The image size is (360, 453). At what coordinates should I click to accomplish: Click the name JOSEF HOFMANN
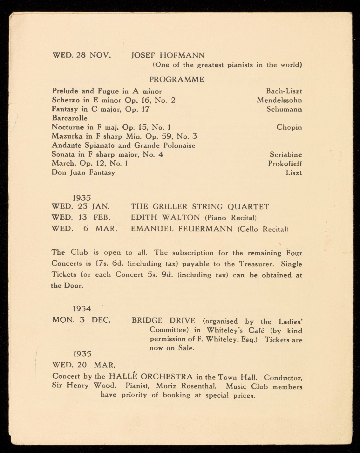(168, 55)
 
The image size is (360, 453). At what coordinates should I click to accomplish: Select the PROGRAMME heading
(177, 79)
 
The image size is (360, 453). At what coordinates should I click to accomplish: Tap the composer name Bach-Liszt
(284, 91)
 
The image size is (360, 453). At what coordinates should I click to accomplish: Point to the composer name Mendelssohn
(280, 100)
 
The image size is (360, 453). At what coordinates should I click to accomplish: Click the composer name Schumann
(284, 109)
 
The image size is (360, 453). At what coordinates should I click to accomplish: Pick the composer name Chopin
(289, 127)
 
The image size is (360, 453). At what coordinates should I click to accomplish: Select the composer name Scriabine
(286, 155)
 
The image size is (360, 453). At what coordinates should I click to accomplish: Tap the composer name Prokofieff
(285, 164)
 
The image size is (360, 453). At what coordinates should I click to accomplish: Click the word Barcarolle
(70, 118)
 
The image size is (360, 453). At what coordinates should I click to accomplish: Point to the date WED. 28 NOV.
(82, 55)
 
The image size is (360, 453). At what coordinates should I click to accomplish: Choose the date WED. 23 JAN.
(81, 207)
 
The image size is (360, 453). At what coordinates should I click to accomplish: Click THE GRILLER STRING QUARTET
(200, 207)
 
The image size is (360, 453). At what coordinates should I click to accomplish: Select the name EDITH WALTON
(166, 218)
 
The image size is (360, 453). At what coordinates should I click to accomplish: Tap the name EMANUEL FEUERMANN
(182, 229)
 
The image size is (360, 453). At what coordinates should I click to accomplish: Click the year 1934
(82, 309)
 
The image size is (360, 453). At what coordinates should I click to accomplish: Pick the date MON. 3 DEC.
(81, 320)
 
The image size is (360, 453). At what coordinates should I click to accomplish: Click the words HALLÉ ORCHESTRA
(151, 377)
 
